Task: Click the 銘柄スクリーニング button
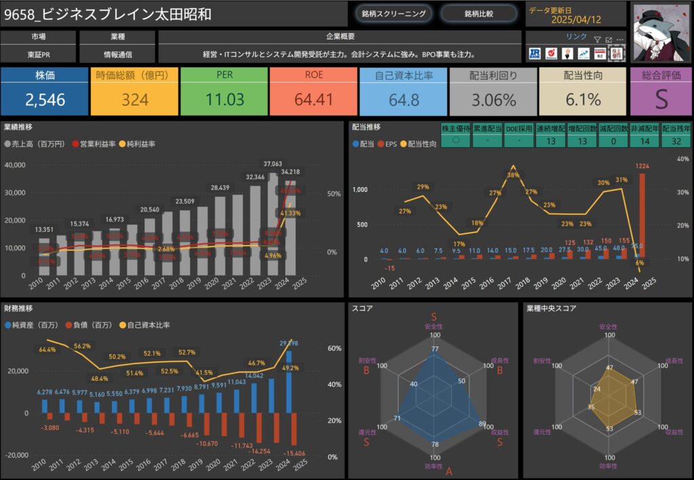point(393,13)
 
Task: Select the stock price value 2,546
point(45,100)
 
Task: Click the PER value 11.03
point(224,100)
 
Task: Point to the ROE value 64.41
point(314,100)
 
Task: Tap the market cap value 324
point(135,100)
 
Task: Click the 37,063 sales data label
point(273,164)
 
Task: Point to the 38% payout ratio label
point(512,174)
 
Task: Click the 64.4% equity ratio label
point(47,350)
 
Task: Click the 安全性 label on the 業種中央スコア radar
point(608,327)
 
